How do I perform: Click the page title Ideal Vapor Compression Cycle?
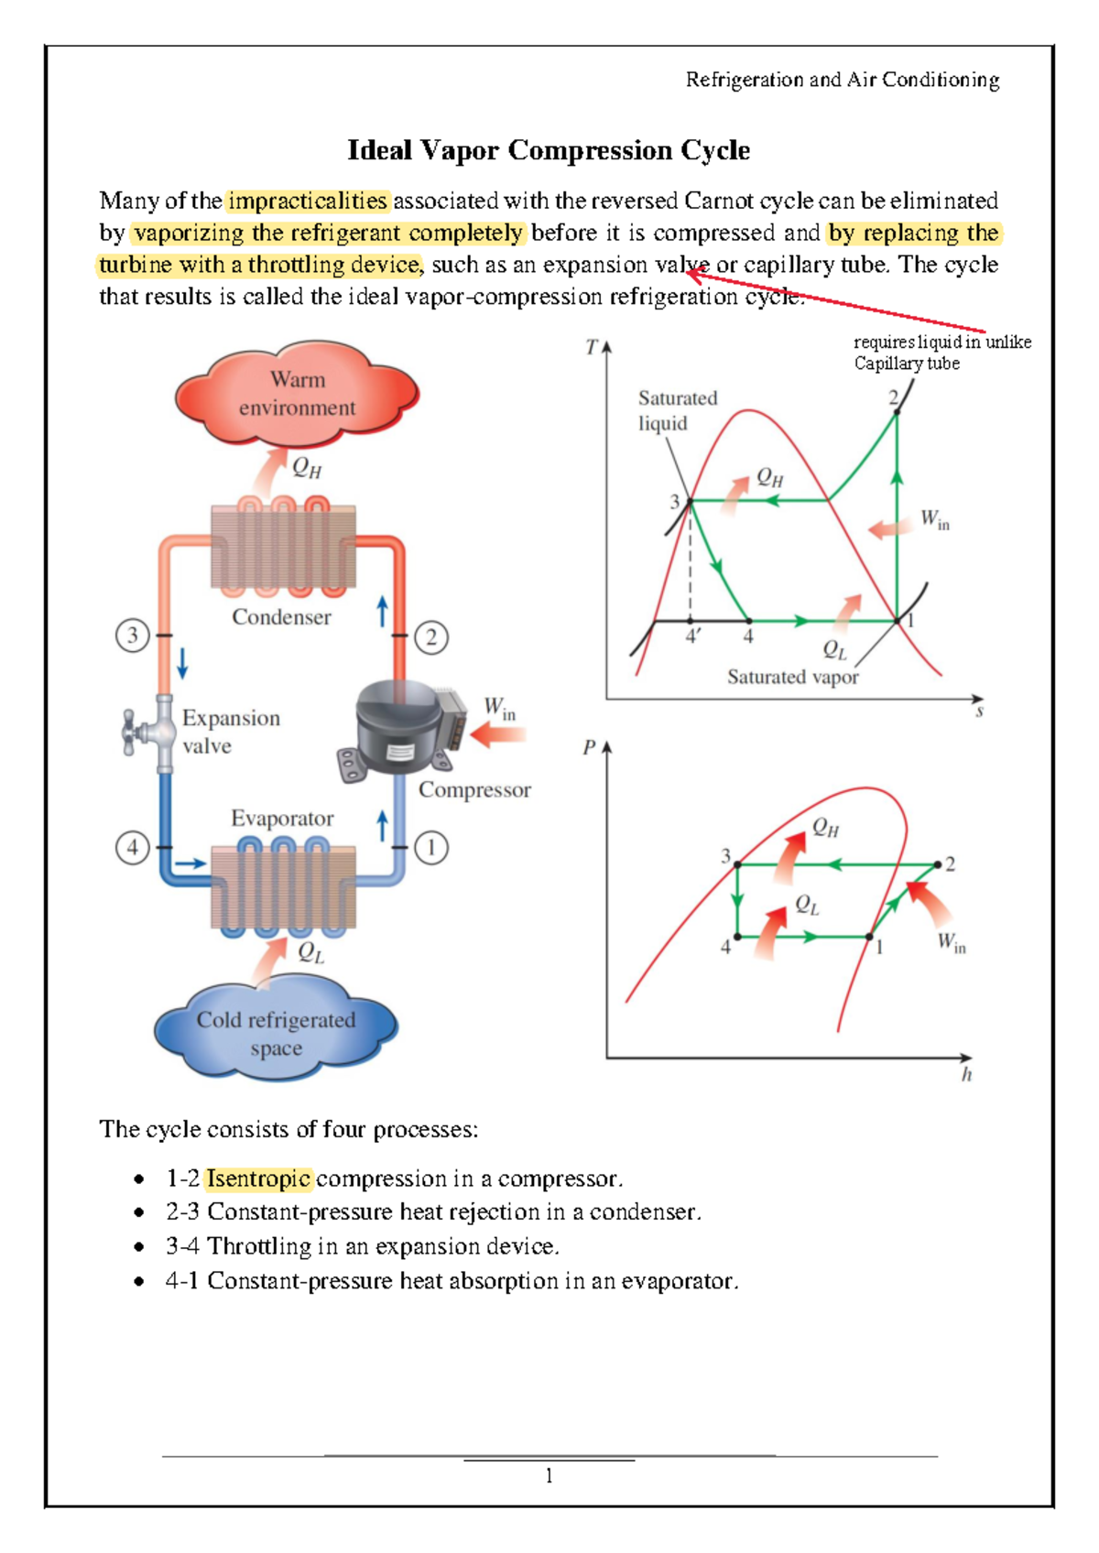[x=549, y=150]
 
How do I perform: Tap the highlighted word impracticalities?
[x=308, y=201]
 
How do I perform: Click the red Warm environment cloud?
[x=296, y=394]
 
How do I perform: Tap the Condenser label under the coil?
[x=281, y=617]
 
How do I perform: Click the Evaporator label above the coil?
[x=281, y=818]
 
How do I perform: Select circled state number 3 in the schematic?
[x=133, y=635]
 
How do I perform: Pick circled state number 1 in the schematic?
[x=431, y=847]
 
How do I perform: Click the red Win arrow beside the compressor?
[x=498, y=733]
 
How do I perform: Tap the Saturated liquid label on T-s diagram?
[x=677, y=410]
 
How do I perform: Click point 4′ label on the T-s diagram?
[x=693, y=635]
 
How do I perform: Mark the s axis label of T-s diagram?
[x=979, y=711]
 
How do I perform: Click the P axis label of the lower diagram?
[x=589, y=747]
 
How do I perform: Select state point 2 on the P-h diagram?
[x=938, y=863]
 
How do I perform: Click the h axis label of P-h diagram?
[x=966, y=1075]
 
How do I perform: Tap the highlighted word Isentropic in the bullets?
[x=258, y=1178]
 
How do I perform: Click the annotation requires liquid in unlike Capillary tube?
[x=941, y=353]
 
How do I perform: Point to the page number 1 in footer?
[x=549, y=1475]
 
